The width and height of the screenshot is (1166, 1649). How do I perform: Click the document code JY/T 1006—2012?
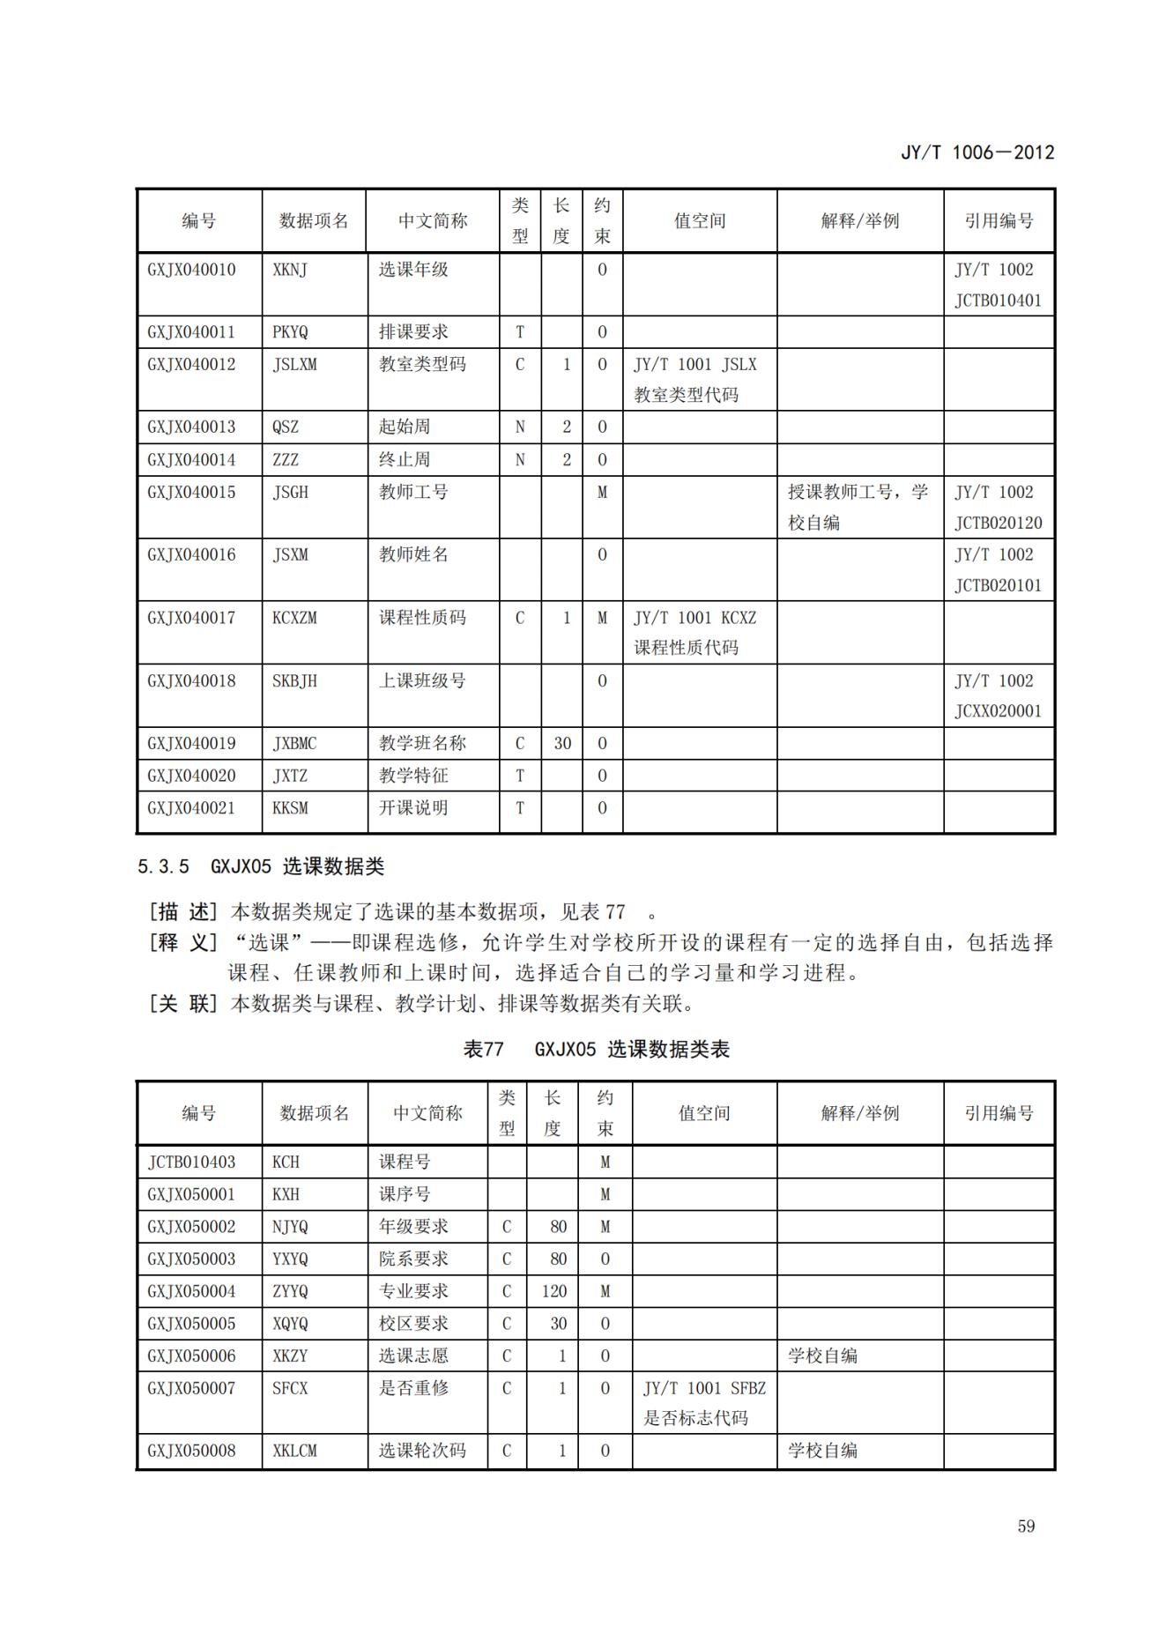pyautogui.click(x=977, y=152)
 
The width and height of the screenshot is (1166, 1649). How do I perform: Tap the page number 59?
pyautogui.click(x=1026, y=1526)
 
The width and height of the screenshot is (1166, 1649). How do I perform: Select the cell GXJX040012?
pyautogui.click(x=191, y=364)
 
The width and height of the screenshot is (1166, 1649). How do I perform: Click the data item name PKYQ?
pyautogui.click(x=290, y=332)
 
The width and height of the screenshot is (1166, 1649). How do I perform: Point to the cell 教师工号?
pyautogui.click(x=413, y=492)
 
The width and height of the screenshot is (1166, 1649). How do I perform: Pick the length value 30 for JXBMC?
pyautogui.click(x=562, y=743)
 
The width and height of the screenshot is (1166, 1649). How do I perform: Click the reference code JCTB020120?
pyautogui.click(x=998, y=523)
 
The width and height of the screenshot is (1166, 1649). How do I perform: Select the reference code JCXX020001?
pyautogui.click(x=998, y=710)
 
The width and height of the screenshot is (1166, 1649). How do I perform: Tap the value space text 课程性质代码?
pyautogui.click(x=686, y=648)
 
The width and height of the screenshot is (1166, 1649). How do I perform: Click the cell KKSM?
pyautogui.click(x=290, y=807)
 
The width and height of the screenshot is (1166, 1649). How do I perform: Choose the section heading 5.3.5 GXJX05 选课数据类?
pyautogui.click(x=261, y=866)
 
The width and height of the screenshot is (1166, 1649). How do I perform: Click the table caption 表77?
pyautogui.click(x=484, y=1049)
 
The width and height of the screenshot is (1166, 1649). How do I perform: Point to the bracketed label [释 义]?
pyautogui.click(x=182, y=942)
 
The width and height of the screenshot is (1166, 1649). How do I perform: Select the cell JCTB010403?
pyautogui.click(x=191, y=1162)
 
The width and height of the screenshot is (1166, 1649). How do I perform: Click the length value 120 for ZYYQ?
pyautogui.click(x=554, y=1291)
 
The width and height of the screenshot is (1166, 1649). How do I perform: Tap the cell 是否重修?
pyautogui.click(x=413, y=1388)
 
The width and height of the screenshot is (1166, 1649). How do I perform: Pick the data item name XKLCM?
pyautogui.click(x=294, y=1451)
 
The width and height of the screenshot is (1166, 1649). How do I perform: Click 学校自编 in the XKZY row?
pyautogui.click(x=822, y=1356)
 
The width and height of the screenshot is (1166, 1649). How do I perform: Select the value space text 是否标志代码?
pyautogui.click(x=695, y=1418)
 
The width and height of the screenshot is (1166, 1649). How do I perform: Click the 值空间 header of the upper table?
pyautogui.click(x=700, y=221)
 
